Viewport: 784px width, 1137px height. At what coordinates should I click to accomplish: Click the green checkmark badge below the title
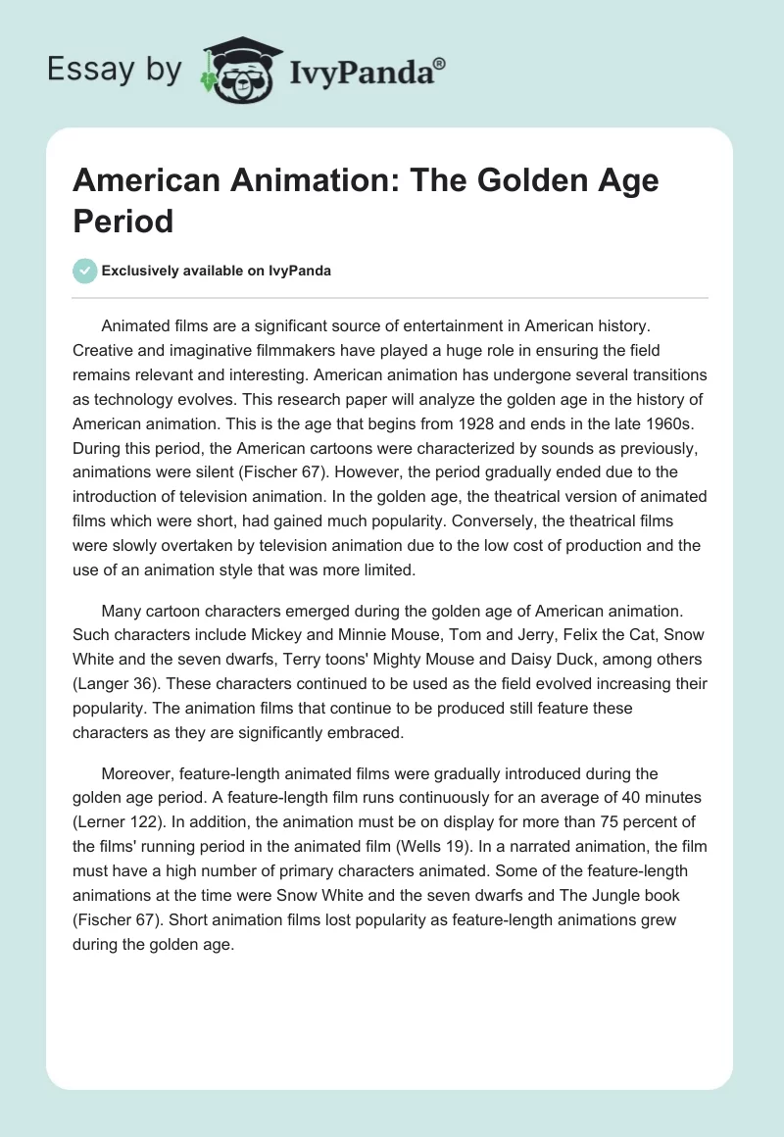pyautogui.click(x=85, y=271)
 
